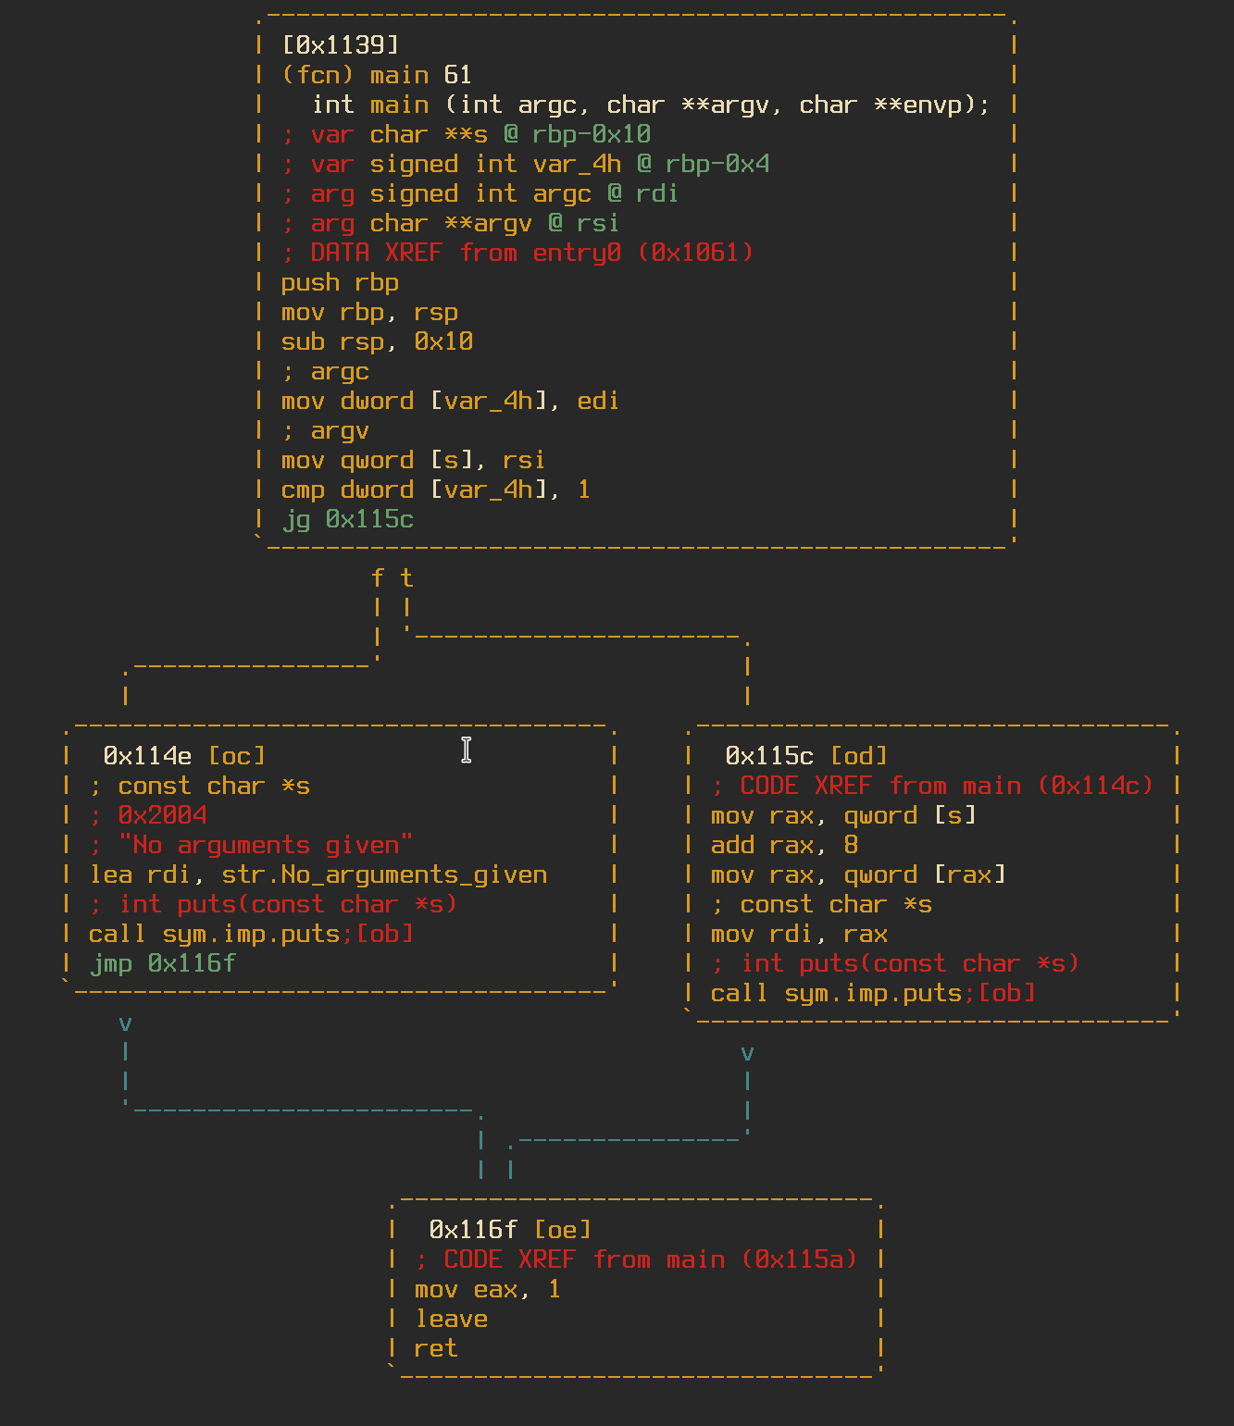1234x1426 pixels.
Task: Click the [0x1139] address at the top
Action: click(340, 44)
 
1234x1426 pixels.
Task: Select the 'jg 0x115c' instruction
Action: click(347, 519)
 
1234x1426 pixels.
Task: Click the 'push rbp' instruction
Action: click(340, 282)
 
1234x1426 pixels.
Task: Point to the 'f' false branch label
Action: click(377, 578)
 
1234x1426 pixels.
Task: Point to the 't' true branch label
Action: click(406, 578)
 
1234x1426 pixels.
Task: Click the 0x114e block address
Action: click(147, 756)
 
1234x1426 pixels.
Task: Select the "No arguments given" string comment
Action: click(266, 845)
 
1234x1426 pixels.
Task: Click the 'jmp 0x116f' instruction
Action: click(163, 963)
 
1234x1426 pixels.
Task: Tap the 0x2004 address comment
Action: click(162, 815)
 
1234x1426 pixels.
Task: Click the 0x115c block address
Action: click(769, 756)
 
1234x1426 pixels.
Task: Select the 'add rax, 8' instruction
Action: click(784, 845)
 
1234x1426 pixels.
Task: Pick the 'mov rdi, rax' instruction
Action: click(799, 934)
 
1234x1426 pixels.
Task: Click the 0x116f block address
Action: click(473, 1230)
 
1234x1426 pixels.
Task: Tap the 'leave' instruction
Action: click(451, 1319)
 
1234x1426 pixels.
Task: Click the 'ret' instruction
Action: click(436, 1348)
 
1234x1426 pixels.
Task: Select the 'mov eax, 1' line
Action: click(487, 1289)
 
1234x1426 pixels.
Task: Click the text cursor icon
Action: click(467, 750)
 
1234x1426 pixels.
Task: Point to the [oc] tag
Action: click(237, 756)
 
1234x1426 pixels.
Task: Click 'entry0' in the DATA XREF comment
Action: click(577, 253)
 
